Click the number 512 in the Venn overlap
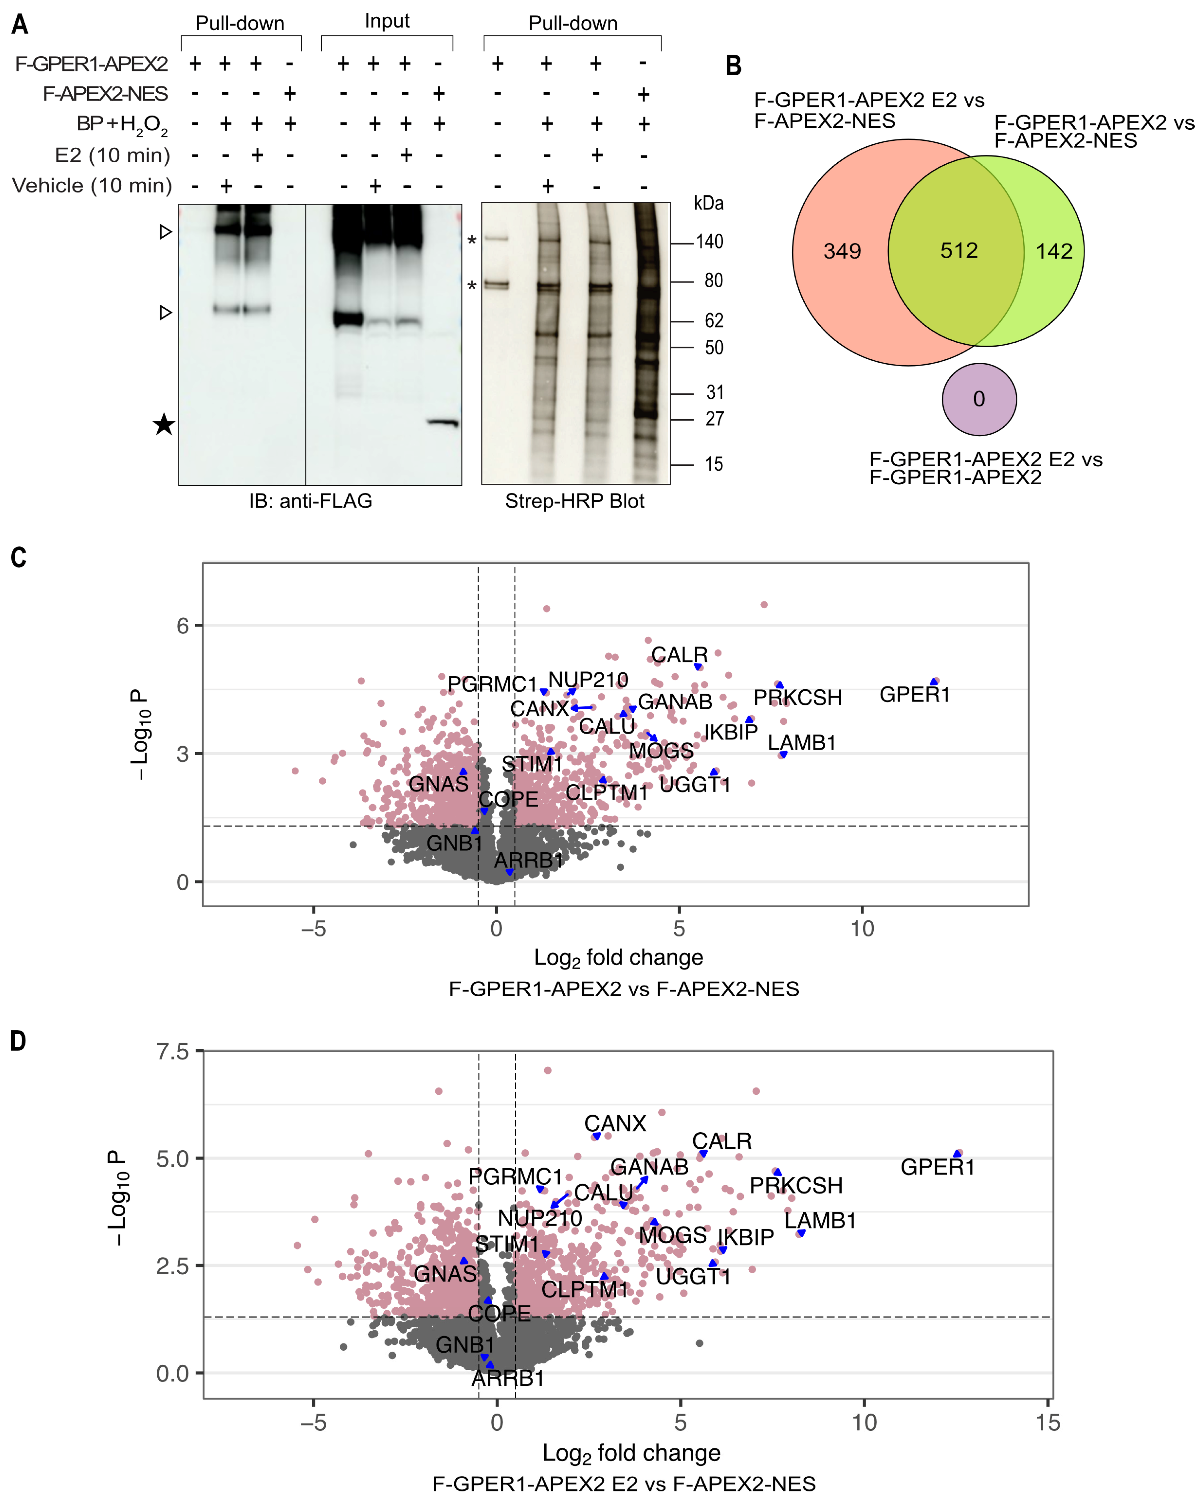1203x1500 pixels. point(959,250)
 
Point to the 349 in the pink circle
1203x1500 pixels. point(842,251)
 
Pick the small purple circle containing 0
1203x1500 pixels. point(979,399)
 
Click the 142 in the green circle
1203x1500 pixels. point(1054,251)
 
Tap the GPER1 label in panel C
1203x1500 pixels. point(914,694)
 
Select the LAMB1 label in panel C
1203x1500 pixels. point(802,743)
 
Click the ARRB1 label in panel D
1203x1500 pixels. point(508,1378)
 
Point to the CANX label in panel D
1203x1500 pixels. point(615,1123)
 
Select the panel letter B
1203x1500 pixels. point(733,66)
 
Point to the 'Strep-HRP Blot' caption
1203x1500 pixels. point(575,501)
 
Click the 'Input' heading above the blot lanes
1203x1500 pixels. point(387,21)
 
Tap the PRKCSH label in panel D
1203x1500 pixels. point(796,1186)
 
